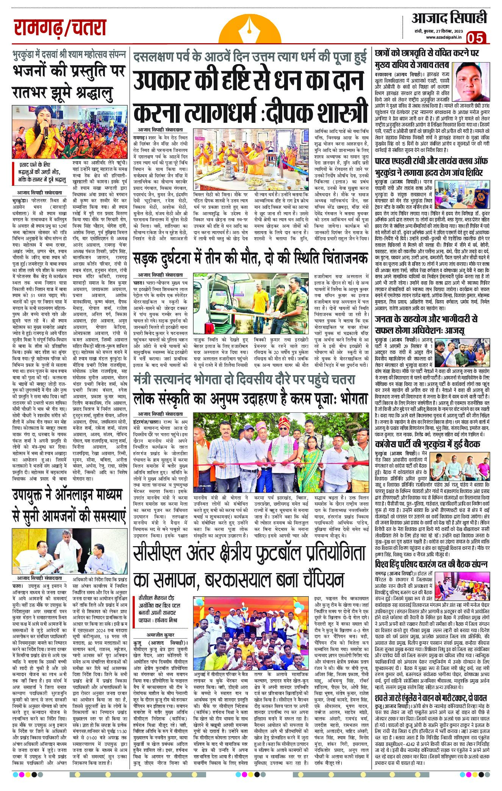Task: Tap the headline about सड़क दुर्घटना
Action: click(250, 258)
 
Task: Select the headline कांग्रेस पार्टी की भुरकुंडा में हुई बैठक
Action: click(428, 444)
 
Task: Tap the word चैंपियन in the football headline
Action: click(313, 580)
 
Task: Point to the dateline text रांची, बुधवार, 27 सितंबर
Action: click(435, 31)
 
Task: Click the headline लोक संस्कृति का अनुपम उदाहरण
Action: click(250, 399)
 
